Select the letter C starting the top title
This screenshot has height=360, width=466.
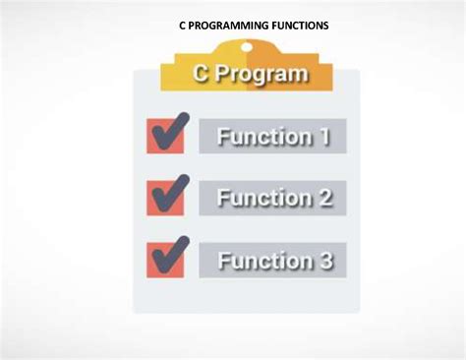point(183,26)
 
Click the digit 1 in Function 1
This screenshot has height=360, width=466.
point(323,137)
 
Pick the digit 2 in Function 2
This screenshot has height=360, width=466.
point(323,199)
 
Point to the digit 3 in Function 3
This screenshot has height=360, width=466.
point(323,261)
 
